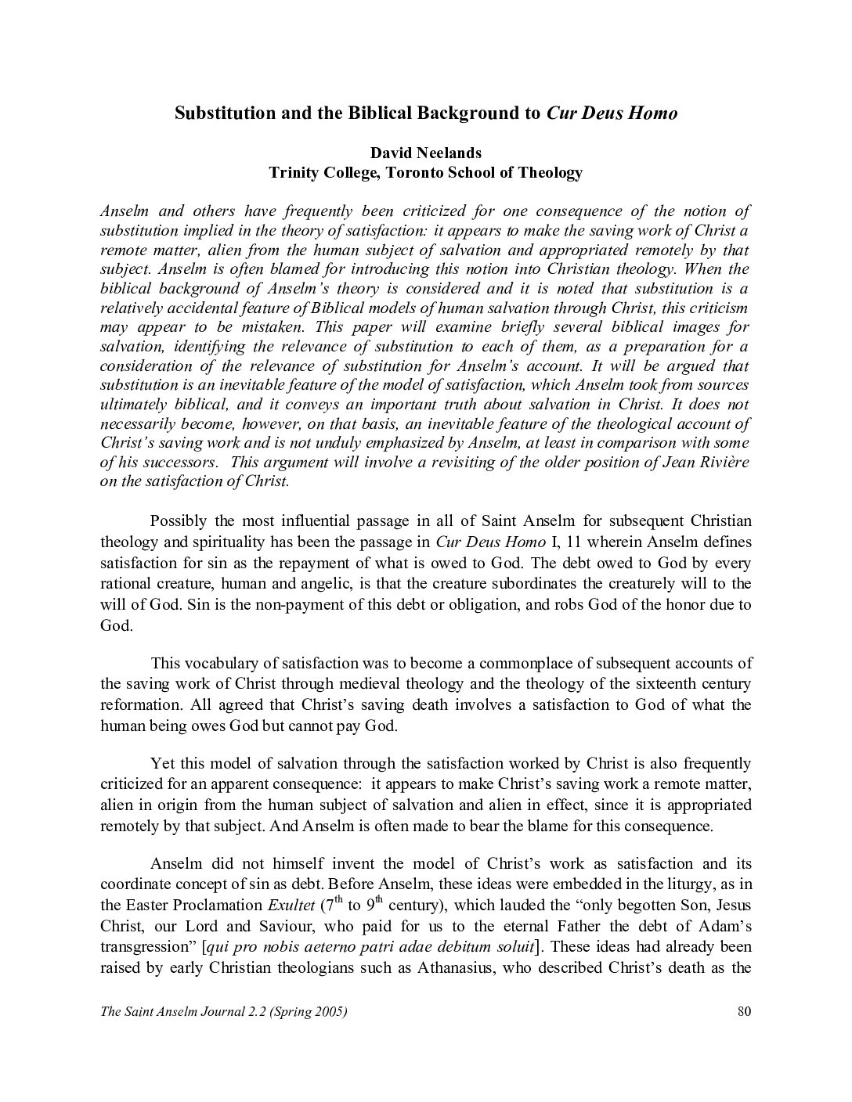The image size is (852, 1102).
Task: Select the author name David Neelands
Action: coord(425,153)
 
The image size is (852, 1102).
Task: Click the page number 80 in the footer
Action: coord(744,1011)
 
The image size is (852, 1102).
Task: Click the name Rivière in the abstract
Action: coord(721,462)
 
